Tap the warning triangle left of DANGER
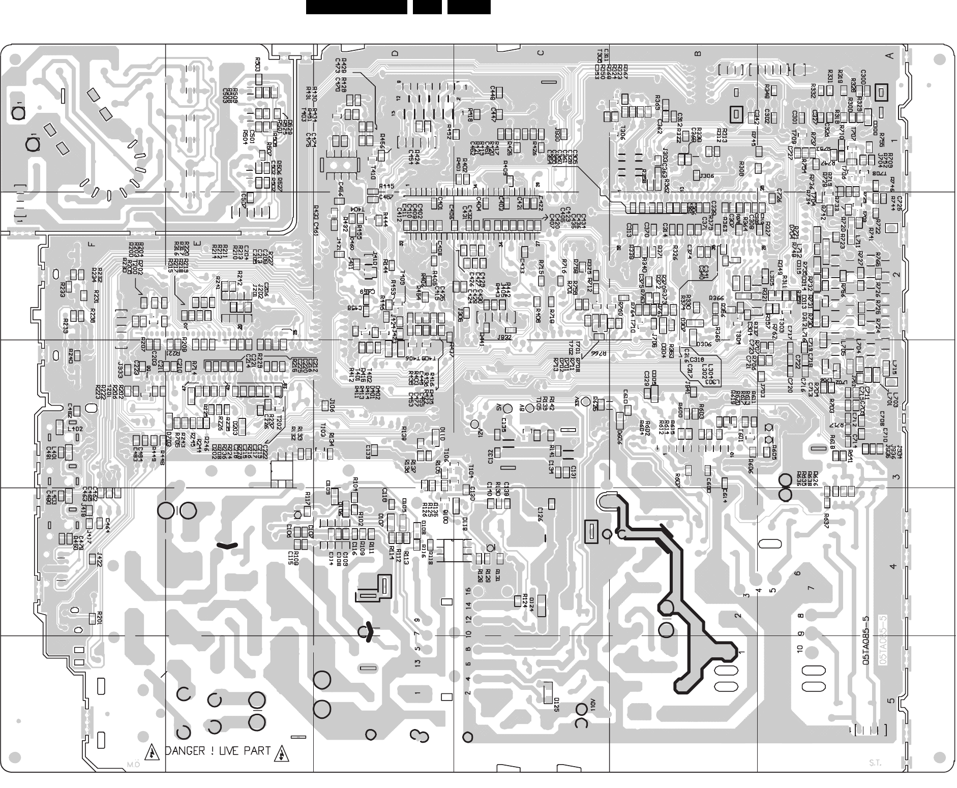151,751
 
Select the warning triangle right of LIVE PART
281,751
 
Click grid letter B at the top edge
698,53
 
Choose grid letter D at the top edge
394,53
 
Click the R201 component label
100,617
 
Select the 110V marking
593,706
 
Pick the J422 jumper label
99,560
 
